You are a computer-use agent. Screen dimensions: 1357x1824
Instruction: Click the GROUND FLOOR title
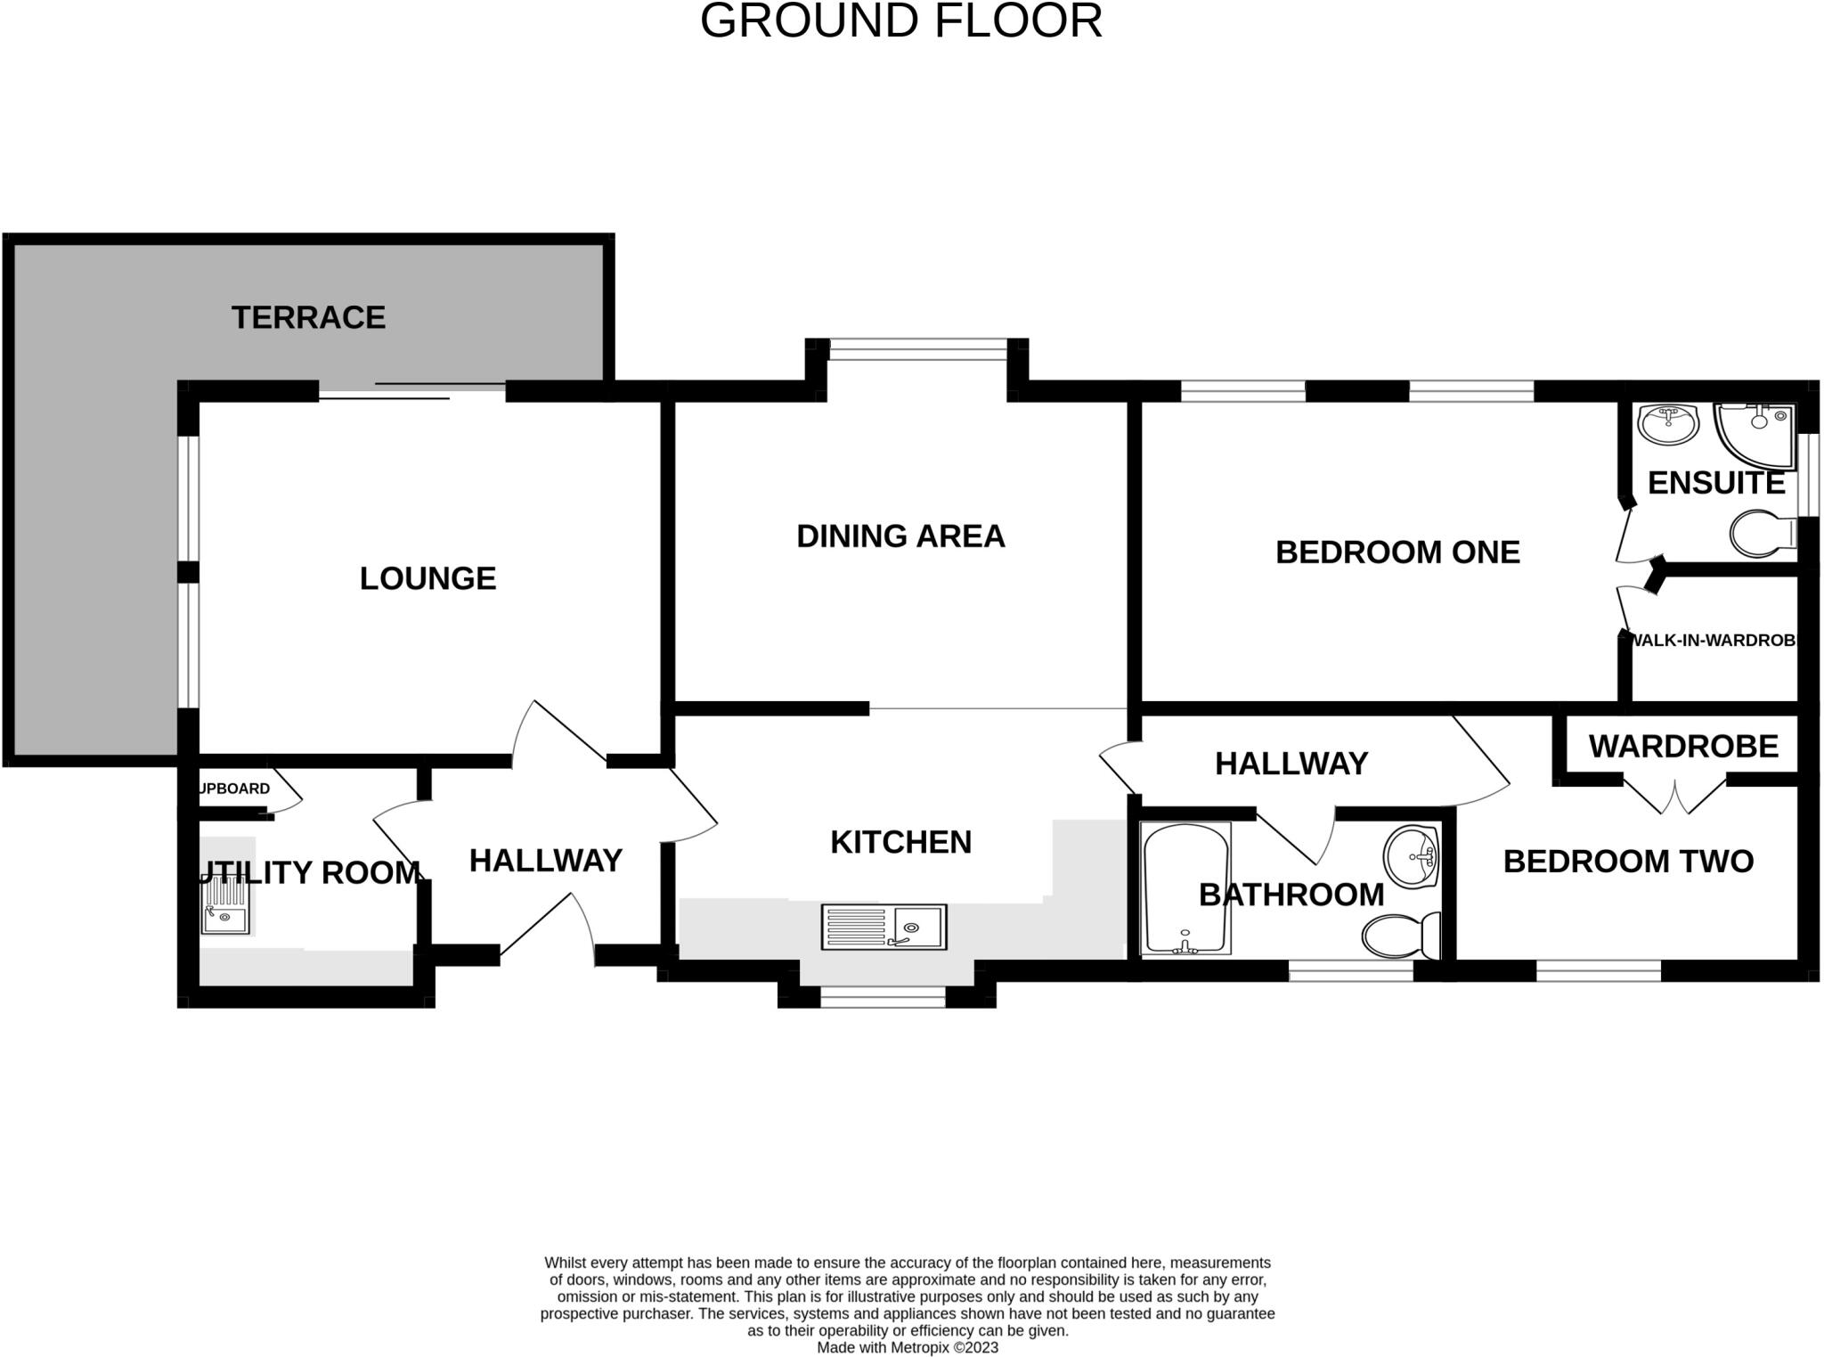point(900,20)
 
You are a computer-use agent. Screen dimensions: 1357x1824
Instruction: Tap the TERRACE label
point(308,317)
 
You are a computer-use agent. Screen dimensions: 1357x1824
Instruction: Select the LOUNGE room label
point(427,578)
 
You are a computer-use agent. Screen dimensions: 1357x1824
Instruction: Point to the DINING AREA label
point(900,535)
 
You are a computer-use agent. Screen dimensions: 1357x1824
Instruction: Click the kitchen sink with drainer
point(883,927)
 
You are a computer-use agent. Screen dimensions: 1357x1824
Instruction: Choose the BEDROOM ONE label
point(1396,552)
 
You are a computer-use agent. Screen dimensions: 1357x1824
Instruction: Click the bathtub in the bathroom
point(1185,889)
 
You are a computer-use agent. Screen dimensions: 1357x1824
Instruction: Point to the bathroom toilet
point(1400,936)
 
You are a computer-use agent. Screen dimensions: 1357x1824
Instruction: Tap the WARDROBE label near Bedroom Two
point(1682,746)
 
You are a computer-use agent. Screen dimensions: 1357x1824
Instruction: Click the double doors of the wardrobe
point(1675,796)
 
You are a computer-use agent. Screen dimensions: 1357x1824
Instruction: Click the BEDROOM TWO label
point(1627,861)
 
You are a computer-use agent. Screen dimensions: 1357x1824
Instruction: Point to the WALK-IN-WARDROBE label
point(1712,640)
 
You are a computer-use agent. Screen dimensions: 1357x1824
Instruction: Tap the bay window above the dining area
point(917,349)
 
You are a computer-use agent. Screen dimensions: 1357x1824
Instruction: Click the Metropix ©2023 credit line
point(907,1347)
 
